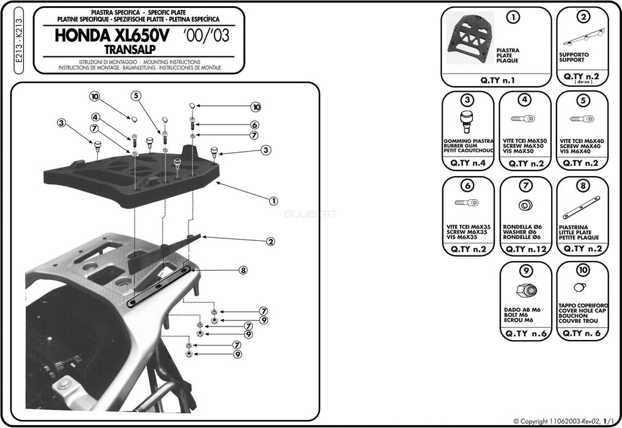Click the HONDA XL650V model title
tap(115, 35)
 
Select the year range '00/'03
tap(206, 35)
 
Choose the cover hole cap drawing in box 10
tap(580, 287)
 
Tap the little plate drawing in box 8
tap(581, 208)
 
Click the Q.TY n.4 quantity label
tap(467, 163)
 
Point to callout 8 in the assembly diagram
tap(243, 270)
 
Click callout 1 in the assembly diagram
tap(273, 200)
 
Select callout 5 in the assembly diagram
tap(136, 95)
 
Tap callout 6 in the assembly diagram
tap(254, 125)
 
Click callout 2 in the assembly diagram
tap(270, 242)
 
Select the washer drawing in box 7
tap(525, 205)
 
